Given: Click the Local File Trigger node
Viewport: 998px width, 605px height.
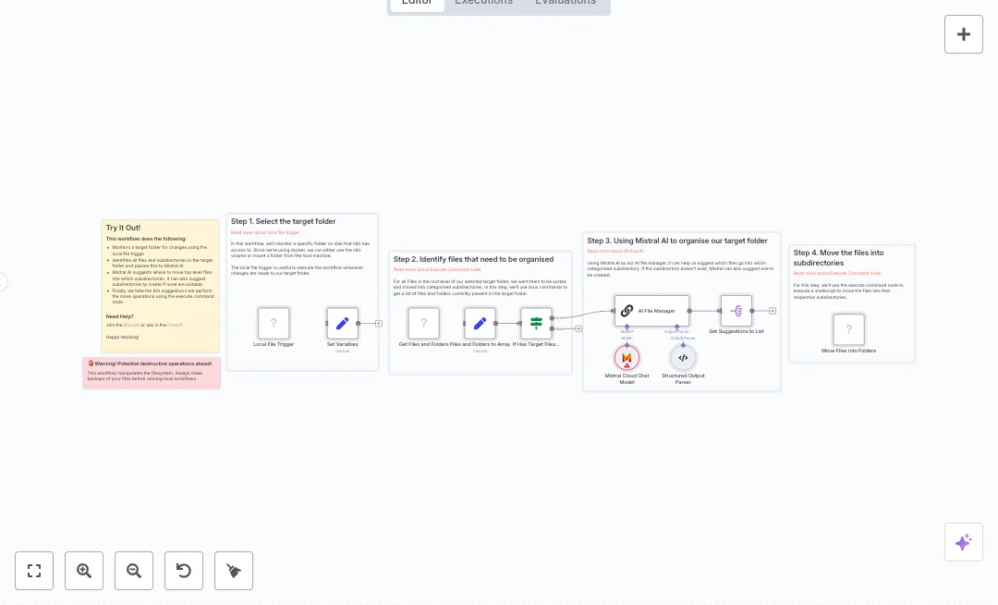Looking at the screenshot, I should [x=274, y=324].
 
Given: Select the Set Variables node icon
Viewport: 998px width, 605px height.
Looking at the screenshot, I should [x=342, y=324].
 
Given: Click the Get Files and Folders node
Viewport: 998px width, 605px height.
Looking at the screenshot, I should [x=424, y=324].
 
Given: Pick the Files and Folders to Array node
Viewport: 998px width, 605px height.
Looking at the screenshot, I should [x=480, y=324].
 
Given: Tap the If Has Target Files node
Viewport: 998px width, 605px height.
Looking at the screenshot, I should [x=536, y=324].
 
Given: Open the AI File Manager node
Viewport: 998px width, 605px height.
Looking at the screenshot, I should [x=651, y=311].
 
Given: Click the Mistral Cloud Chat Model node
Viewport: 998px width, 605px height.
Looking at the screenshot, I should [x=627, y=357].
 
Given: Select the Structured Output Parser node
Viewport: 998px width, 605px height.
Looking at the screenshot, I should [x=683, y=357].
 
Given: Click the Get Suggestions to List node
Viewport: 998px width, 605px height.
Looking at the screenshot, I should [x=736, y=311].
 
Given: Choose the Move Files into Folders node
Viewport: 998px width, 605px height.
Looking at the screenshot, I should [x=848, y=329].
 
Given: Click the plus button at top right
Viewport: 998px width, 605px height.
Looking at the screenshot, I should [x=964, y=34].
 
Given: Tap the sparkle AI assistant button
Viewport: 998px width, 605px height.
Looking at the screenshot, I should [x=964, y=542].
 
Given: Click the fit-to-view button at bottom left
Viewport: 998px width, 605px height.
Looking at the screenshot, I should [x=34, y=571].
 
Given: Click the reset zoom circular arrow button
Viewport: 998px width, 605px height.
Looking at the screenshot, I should [x=184, y=571].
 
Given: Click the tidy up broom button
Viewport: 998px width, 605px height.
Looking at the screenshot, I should [x=234, y=571].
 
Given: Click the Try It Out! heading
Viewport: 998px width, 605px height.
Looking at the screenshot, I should [x=123, y=228].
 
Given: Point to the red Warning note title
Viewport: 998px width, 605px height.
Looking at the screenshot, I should [x=153, y=364].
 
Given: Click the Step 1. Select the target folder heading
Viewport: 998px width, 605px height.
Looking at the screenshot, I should [x=283, y=222].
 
